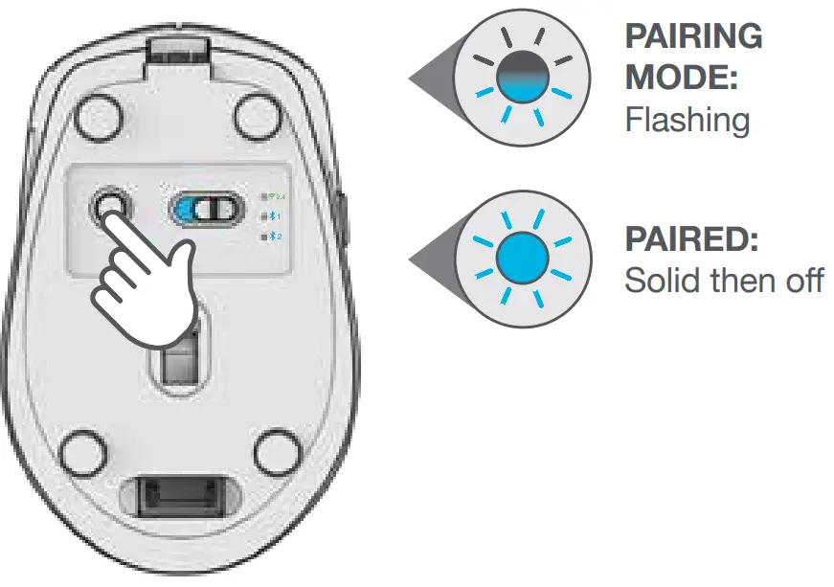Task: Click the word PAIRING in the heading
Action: (x=693, y=37)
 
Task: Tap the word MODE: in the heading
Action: (x=681, y=78)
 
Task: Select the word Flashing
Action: (x=686, y=121)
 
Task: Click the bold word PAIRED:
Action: (x=690, y=239)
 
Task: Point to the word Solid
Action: (x=657, y=282)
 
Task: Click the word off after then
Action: (x=800, y=282)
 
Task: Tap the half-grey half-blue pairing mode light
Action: (x=523, y=77)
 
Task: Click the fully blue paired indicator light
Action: (x=523, y=255)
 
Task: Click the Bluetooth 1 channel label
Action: (x=272, y=216)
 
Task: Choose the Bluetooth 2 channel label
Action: (x=272, y=236)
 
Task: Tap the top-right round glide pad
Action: (x=256, y=118)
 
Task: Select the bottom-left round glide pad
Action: (x=83, y=449)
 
